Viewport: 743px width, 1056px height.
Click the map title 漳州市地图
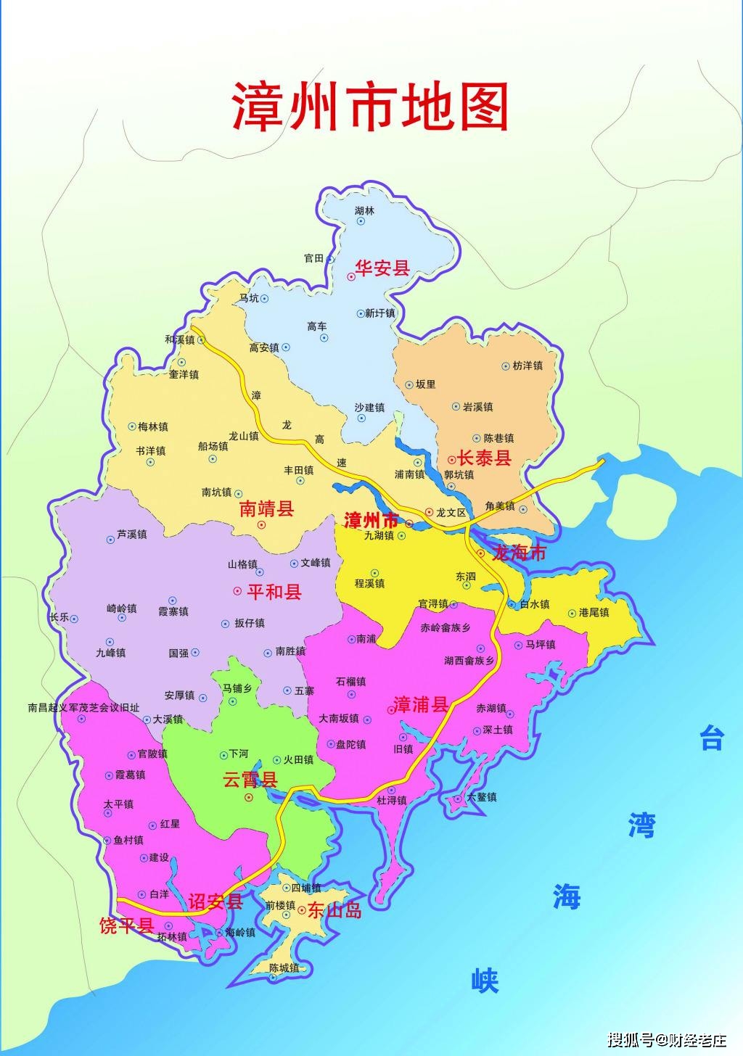click(370, 107)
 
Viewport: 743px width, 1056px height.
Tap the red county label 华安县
click(382, 268)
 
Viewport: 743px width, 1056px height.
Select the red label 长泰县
click(484, 458)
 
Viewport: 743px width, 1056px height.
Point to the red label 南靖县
click(266, 508)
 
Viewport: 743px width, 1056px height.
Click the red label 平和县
click(274, 592)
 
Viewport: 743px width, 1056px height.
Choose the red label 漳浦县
click(420, 704)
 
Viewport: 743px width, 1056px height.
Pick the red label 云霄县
click(250, 780)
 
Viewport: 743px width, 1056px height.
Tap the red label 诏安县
click(215, 902)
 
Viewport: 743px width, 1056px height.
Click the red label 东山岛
click(334, 910)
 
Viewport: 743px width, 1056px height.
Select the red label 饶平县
click(126, 925)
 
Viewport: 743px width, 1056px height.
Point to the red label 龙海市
click(518, 553)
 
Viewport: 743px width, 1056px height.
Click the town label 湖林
click(365, 211)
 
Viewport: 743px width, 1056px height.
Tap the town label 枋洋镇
click(528, 366)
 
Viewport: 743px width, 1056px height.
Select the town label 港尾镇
click(594, 613)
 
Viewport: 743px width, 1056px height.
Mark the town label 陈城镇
click(284, 968)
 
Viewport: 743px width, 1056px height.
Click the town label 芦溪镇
click(131, 535)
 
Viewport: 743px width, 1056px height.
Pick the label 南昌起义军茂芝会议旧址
click(83, 707)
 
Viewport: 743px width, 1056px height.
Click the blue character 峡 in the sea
click(485, 981)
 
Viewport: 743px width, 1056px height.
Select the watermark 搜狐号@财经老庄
click(667, 1040)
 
